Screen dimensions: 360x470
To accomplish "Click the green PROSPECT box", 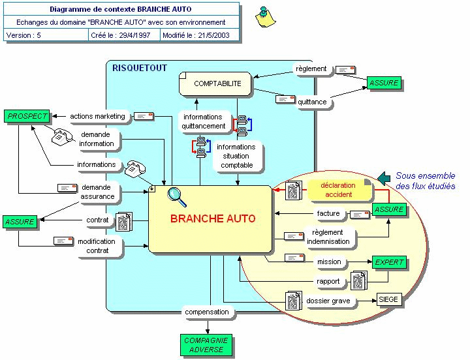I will coord(27,116).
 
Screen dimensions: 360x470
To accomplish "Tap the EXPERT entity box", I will coord(389,262).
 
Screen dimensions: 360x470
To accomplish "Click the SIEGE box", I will coord(388,300).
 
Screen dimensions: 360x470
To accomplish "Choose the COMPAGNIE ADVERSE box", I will coord(206,345).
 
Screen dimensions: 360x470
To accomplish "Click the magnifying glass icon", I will coord(176,194).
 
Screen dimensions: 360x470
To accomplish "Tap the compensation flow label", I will coord(206,312).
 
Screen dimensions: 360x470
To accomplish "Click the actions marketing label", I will coord(97,116).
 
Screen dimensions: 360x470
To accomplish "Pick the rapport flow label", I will coord(328,281).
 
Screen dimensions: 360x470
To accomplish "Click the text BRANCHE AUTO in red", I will coord(213,218).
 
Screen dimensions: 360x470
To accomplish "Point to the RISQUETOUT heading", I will coord(140,68).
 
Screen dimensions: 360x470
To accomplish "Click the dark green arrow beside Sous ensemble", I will coord(384,177).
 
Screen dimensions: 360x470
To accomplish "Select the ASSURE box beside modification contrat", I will coord(20,222).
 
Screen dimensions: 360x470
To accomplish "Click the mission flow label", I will coord(329,262).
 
